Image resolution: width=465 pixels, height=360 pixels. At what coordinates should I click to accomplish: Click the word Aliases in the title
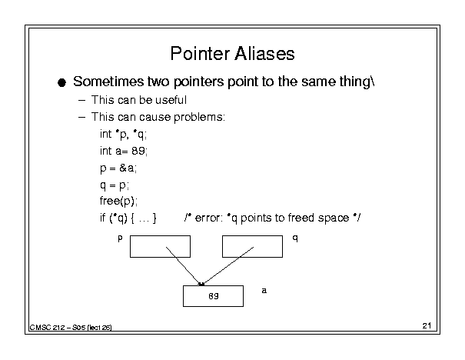tap(264, 54)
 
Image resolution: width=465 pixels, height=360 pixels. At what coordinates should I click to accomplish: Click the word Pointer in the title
tap(200, 54)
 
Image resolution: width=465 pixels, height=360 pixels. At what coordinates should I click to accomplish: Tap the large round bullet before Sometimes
tap(61, 82)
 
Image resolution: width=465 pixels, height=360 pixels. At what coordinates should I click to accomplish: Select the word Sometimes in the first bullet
tap(108, 82)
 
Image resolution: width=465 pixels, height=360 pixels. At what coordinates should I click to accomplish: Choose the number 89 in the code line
tap(138, 151)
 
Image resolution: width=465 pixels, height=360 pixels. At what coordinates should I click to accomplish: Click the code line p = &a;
tap(118, 168)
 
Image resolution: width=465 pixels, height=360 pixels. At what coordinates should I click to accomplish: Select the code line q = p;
tap(115, 185)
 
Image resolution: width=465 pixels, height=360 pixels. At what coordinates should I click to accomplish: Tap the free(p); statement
tap(118, 202)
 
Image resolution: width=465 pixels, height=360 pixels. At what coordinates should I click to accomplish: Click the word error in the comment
tap(208, 218)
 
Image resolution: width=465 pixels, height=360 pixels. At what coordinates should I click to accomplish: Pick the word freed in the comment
tap(301, 218)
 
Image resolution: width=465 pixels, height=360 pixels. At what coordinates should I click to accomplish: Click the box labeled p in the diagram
tap(160, 247)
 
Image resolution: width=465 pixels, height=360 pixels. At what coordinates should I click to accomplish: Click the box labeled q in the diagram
tap(252, 247)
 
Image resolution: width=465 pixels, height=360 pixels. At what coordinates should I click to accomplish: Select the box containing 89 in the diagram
tap(213, 296)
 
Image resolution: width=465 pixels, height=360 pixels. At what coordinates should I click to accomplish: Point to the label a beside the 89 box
tap(264, 291)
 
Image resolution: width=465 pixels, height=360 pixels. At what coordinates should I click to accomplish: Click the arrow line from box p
tap(183, 266)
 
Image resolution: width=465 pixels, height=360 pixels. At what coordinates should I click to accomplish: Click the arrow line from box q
tap(228, 266)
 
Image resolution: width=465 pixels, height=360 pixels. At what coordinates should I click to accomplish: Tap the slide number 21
tap(427, 326)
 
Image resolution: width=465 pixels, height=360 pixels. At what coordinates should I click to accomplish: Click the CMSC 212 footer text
tap(71, 328)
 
